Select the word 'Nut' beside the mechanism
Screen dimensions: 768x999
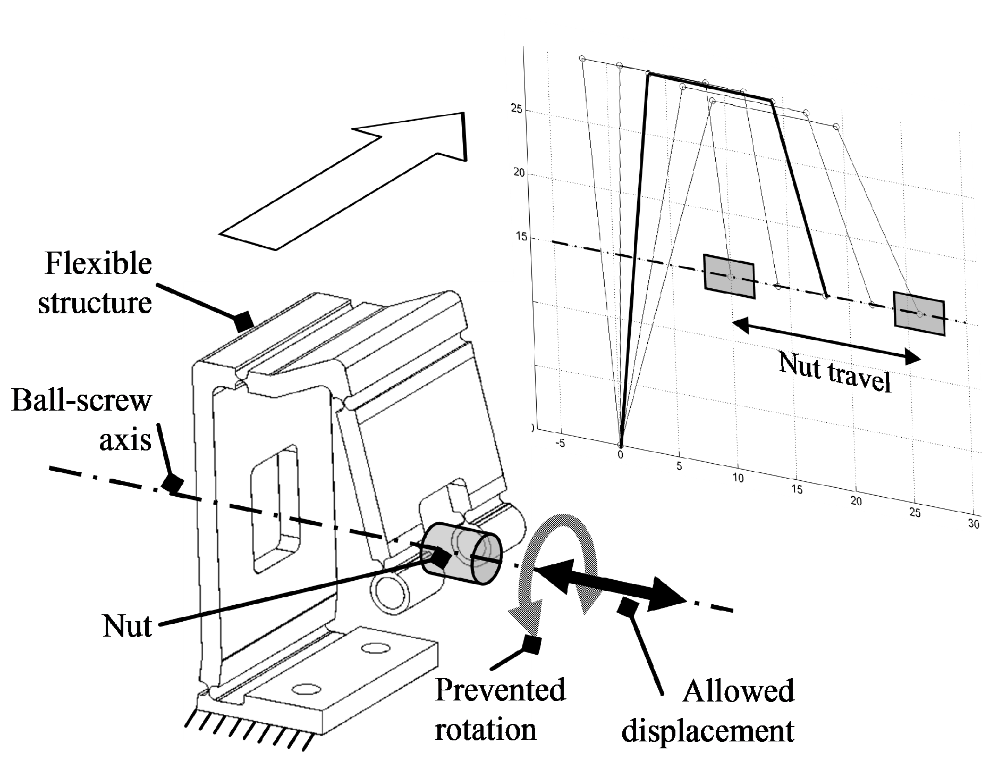[x=127, y=626]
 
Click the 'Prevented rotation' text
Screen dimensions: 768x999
[x=499, y=710]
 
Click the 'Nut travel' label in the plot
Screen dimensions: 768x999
[x=834, y=372]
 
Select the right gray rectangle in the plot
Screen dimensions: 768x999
[x=919, y=314]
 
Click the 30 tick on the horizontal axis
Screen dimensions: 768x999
[x=973, y=524]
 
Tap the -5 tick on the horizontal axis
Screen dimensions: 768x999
[x=560, y=445]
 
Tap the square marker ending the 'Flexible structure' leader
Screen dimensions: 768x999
[x=244, y=321]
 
